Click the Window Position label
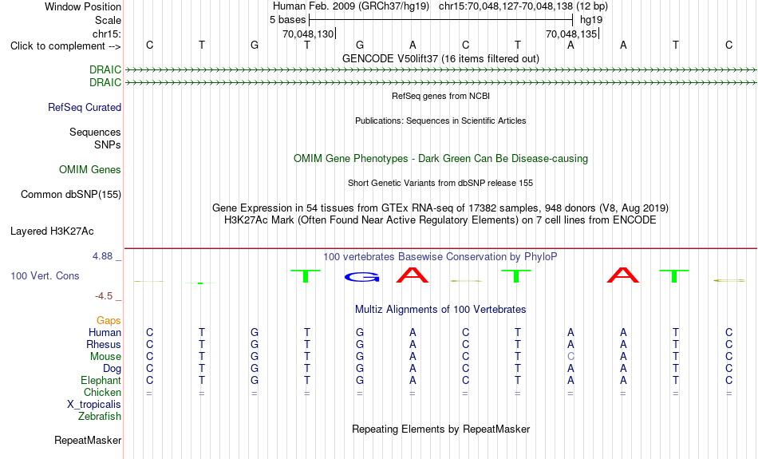[83, 6]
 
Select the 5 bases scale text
[287, 20]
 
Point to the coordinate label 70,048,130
[308, 34]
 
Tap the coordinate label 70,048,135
[571, 34]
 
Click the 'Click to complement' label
[65, 46]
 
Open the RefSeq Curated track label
[85, 108]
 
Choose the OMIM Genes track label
[90, 170]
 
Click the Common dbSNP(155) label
[71, 195]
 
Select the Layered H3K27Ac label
[52, 231]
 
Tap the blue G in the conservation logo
[361, 277]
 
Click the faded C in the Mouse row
[571, 357]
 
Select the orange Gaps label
[109, 321]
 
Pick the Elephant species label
[101, 381]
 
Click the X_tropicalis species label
[94, 405]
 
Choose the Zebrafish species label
[100, 417]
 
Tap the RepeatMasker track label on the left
[88, 441]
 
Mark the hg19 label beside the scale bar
[591, 20]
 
